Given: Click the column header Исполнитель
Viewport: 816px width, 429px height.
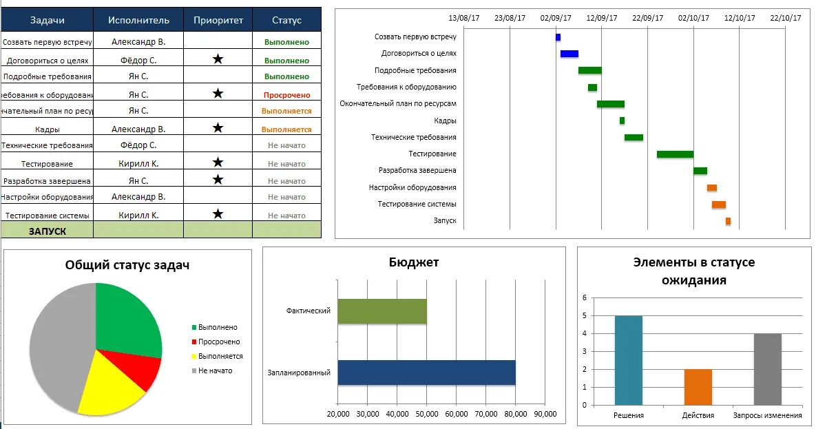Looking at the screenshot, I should coord(138,20).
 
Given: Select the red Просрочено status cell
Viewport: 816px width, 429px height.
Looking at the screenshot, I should coord(286,95).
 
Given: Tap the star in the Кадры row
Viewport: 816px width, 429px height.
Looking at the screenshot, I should coord(218,127).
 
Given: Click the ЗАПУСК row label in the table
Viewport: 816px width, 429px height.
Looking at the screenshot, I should coord(48,231).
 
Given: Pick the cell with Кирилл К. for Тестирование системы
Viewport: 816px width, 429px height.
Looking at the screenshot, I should coord(138,215).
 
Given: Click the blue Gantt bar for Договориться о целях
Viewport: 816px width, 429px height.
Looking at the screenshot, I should coord(569,54).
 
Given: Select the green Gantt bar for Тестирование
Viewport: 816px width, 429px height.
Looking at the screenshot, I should coord(675,154).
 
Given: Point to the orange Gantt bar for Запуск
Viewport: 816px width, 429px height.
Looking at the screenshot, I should coord(728,221).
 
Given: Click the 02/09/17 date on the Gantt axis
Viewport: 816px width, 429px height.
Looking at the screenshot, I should coord(555,19).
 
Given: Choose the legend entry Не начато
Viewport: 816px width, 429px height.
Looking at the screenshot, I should coord(215,370).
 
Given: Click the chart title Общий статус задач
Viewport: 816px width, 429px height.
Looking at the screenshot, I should coord(127,265).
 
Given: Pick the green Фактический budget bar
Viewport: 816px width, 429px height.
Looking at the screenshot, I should coord(381,311).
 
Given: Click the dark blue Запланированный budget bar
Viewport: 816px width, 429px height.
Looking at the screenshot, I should coord(426,373).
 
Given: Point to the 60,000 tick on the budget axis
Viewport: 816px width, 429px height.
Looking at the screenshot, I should coord(456,414).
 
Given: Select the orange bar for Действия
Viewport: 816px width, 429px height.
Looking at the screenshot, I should coord(698,387).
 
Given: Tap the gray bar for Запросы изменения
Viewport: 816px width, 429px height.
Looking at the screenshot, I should coord(767,369).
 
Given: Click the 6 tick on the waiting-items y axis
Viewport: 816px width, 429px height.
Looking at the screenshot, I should coord(584,298).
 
